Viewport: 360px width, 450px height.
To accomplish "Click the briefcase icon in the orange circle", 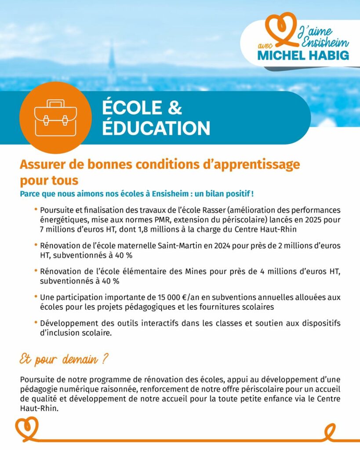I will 55,118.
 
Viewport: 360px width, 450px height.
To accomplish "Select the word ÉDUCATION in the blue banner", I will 156,128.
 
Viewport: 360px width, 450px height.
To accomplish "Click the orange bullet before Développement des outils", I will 35,323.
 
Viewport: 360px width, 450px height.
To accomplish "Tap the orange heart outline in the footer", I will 27,428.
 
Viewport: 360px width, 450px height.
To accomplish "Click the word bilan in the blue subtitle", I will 213,193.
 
